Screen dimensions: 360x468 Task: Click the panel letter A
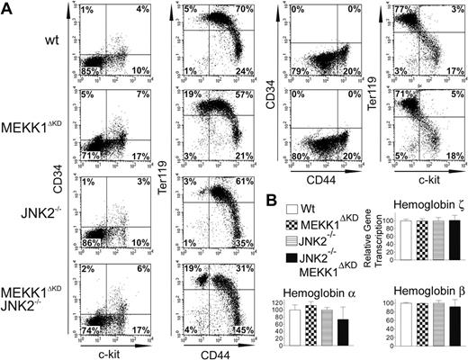coord(6,7)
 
